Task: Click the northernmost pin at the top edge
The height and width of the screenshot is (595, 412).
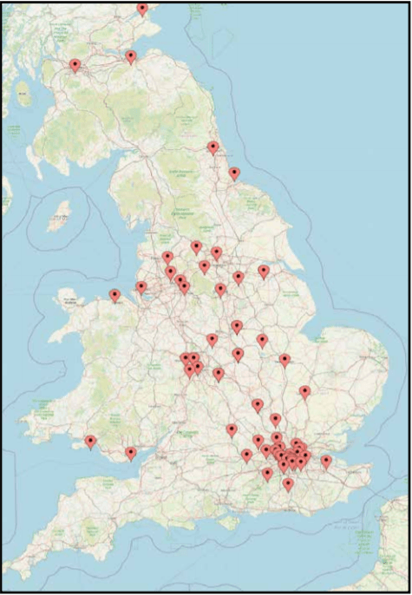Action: click(x=142, y=8)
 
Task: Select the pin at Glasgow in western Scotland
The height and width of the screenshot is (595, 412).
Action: click(x=75, y=64)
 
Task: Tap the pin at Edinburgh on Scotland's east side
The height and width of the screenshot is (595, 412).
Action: click(x=131, y=56)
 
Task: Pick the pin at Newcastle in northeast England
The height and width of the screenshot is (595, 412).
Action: click(x=213, y=147)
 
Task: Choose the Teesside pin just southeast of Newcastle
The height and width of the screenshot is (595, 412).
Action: click(x=234, y=173)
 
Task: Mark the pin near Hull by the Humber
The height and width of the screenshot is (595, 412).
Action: click(x=264, y=271)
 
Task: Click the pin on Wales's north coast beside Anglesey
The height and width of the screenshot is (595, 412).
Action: click(x=114, y=295)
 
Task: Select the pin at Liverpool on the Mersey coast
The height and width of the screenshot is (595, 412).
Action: click(x=141, y=286)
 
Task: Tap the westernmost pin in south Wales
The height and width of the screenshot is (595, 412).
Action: click(x=90, y=441)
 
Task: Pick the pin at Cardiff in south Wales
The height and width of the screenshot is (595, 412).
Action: click(x=131, y=452)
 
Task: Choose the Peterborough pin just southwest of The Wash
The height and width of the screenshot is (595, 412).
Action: click(x=284, y=359)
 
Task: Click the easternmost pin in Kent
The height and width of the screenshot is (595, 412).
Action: click(x=326, y=461)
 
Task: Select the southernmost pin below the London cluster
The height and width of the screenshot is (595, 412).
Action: click(x=288, y=483)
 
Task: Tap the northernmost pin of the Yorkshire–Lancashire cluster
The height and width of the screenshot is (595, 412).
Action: click(x=196, y=246)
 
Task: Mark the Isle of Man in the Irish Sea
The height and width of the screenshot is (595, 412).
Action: click(x=62, y=211)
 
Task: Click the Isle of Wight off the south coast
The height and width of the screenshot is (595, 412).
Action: click(x=231, y=523)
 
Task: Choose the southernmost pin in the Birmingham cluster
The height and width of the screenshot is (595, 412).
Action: click(x=190, y=370)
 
